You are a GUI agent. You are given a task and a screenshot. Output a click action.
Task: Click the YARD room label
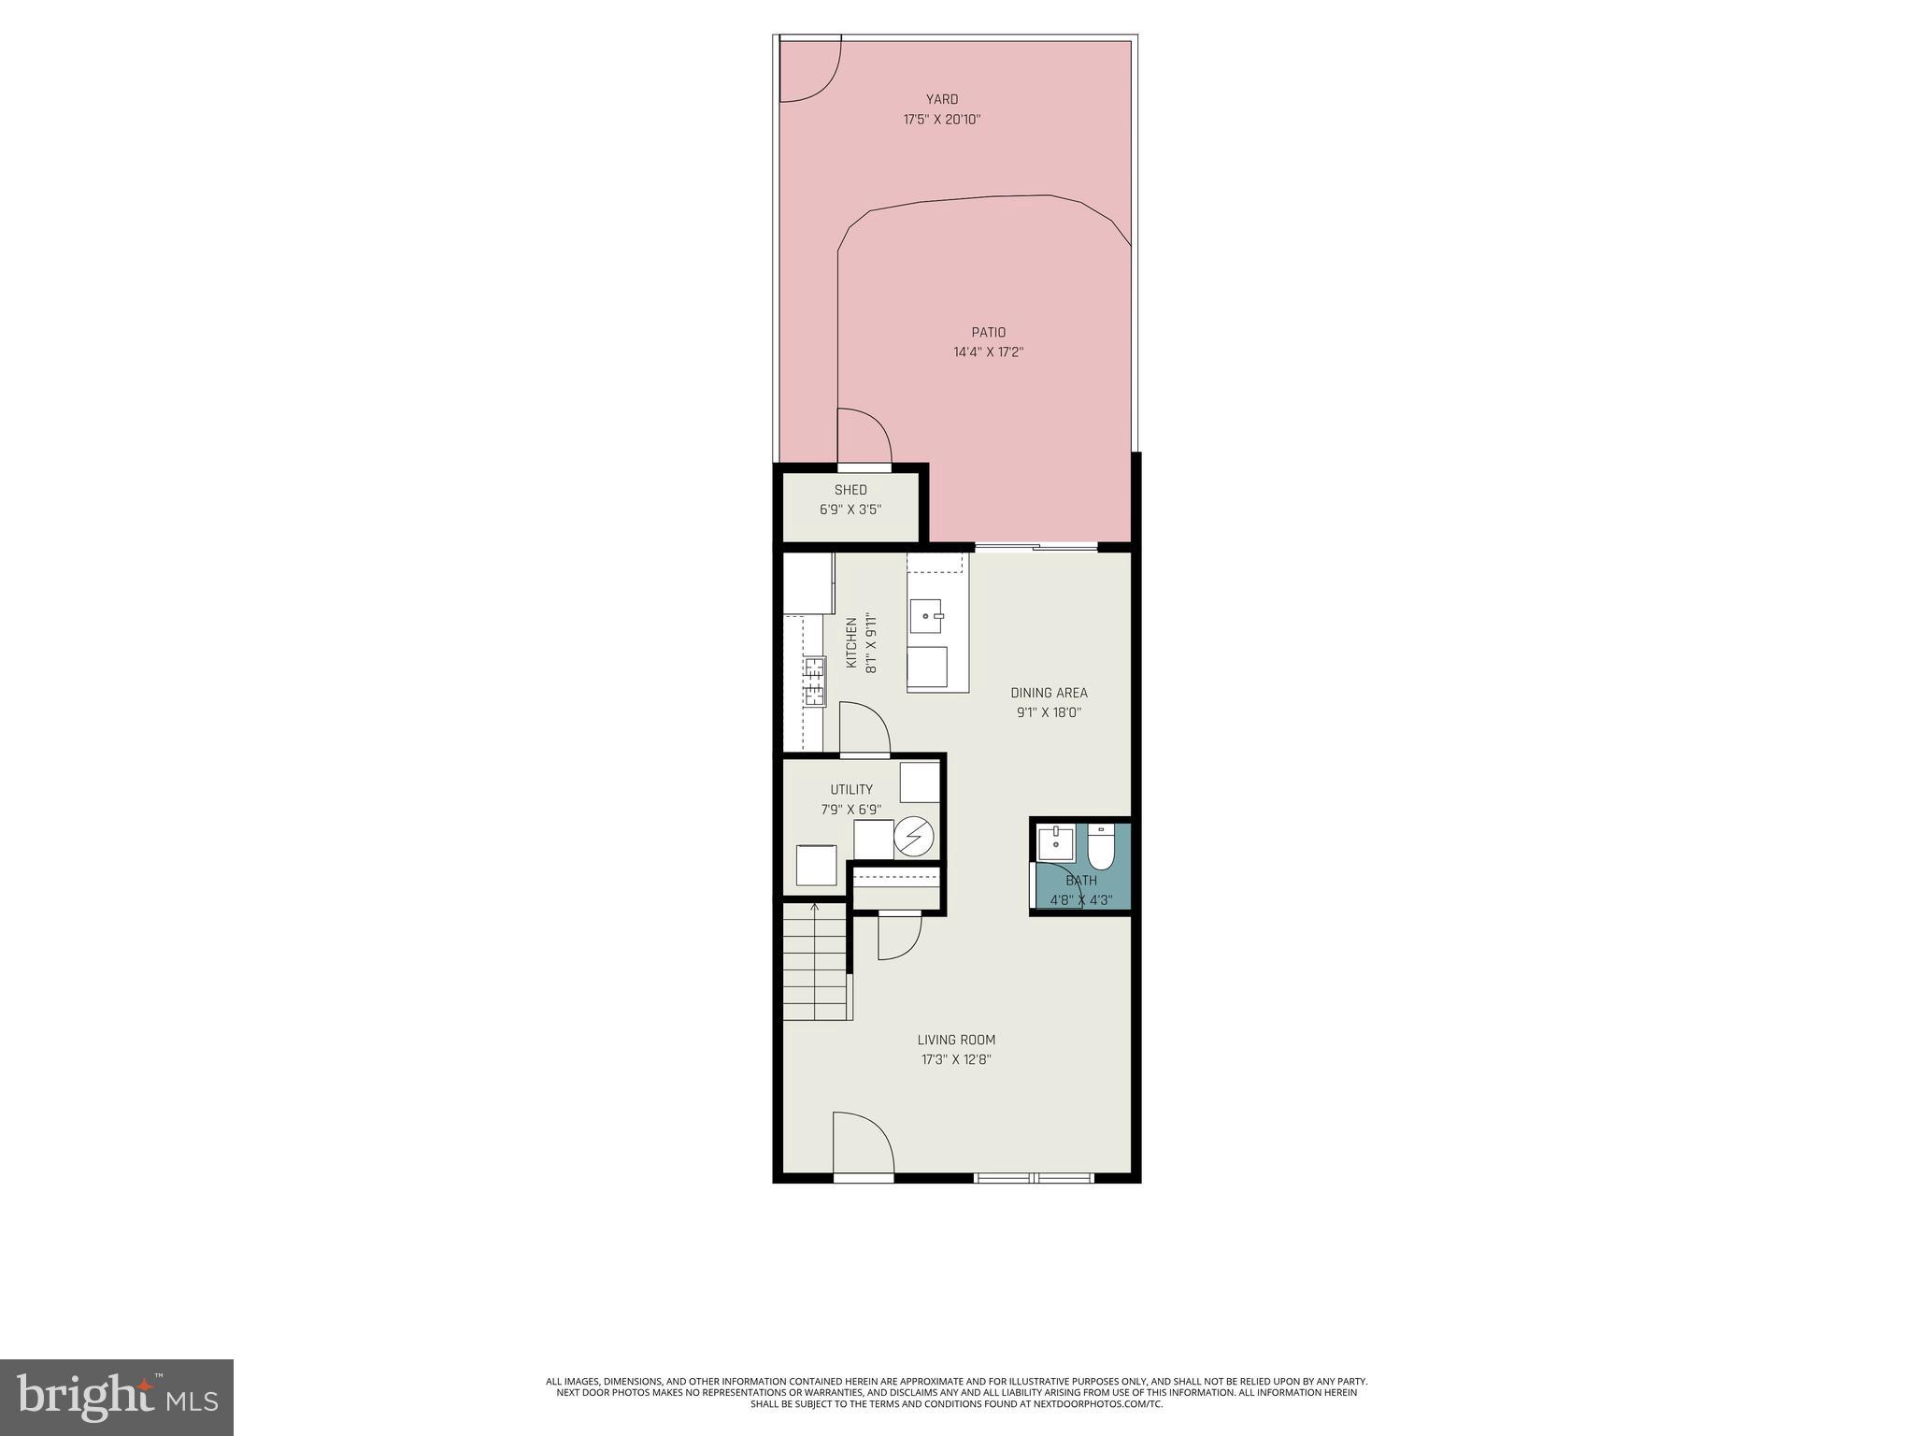[941, 99]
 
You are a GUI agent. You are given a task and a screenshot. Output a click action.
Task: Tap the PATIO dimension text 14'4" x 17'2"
[988, 352]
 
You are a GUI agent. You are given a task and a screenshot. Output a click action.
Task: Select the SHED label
[850, 490]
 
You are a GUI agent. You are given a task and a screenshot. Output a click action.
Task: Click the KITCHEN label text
[851, 642]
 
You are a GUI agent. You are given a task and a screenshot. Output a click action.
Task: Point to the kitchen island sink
[927, 616]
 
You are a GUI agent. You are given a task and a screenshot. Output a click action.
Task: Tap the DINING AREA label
[1049, 693]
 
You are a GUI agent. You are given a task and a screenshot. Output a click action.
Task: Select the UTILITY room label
[851, 790]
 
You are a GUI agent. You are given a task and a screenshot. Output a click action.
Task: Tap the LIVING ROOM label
[955, 1040]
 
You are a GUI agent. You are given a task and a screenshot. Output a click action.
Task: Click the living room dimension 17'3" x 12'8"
[955, 1060]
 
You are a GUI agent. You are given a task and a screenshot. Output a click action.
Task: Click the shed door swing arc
[864, 436]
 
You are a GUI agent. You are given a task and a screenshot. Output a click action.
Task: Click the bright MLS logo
[117, 1397]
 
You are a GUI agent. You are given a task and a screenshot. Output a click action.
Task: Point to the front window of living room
[1034, 1178]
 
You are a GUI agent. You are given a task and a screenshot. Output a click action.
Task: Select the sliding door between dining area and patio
[1036, 547]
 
